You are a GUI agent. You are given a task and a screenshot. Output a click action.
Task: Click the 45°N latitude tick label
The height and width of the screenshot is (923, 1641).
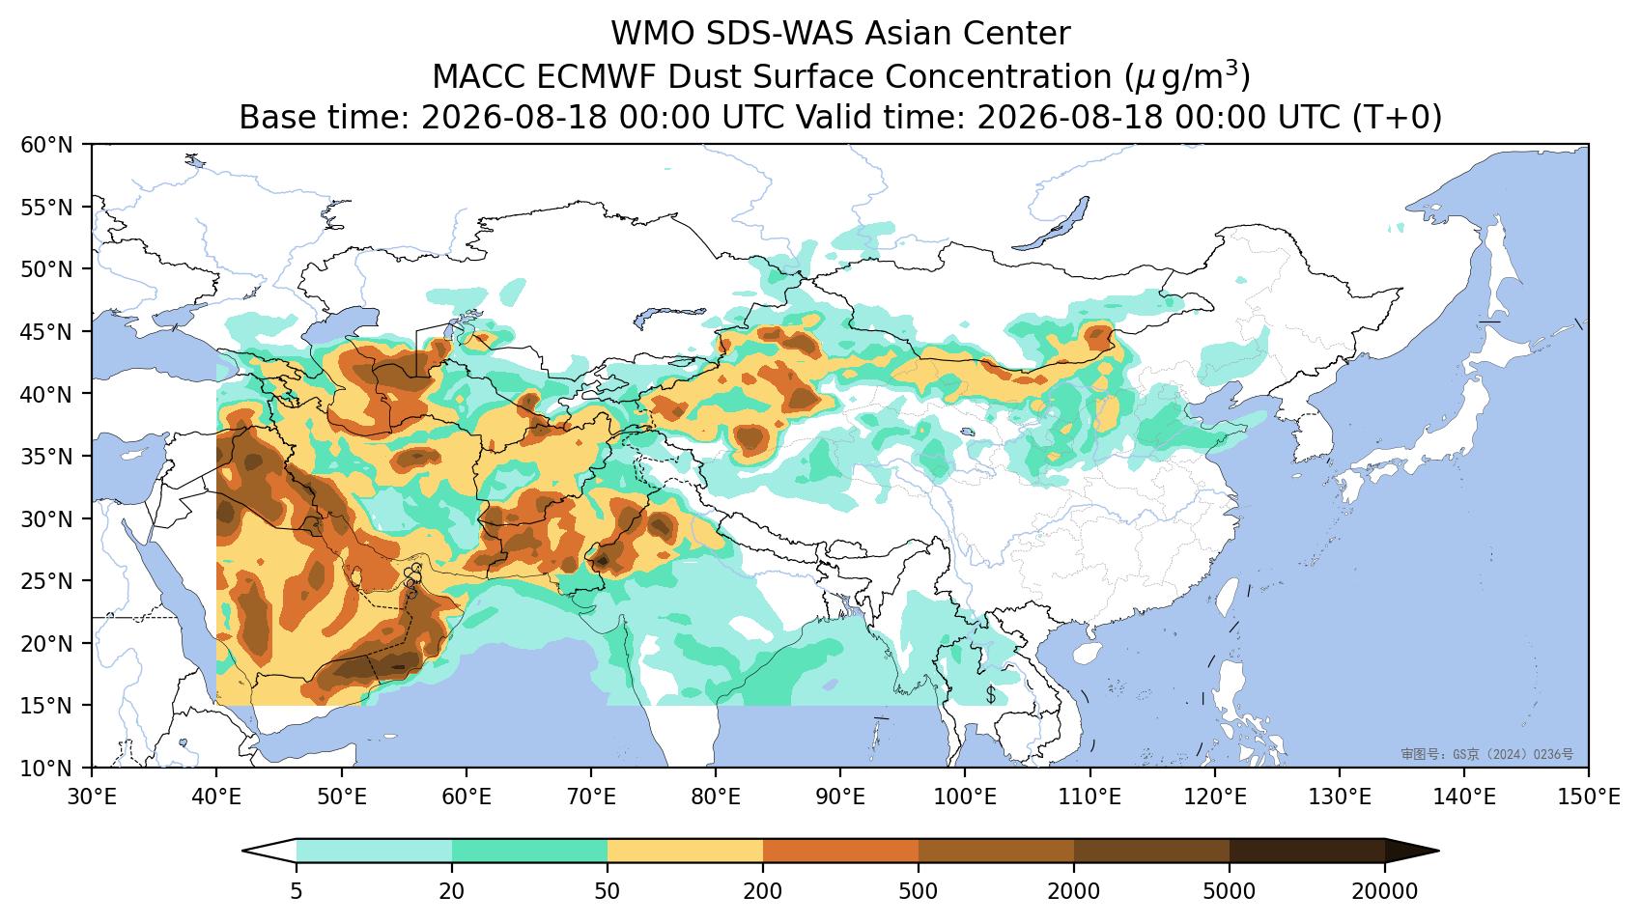[x=47, y=332]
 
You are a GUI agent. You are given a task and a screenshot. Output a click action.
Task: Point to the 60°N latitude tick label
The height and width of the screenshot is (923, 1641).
[x=47, y=145]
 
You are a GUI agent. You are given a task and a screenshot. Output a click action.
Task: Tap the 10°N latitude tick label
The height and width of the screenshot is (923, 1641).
[x=47, y=769]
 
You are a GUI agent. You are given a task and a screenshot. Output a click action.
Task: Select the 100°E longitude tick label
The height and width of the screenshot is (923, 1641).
[x=965, y=797]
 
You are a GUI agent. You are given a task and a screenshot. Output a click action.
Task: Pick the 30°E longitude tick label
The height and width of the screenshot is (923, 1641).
[x=92, y=797]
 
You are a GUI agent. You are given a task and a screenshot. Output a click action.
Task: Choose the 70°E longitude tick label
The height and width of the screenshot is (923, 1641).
[x=590, y=797]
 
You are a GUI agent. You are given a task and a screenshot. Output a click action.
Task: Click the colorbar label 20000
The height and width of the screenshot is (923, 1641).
[x=1385, y=891]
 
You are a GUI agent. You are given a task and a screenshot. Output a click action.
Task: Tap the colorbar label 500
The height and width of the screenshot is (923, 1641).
[x=918, y=891]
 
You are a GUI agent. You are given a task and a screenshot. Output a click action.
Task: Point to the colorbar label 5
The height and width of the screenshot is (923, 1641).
[x=296, y=891]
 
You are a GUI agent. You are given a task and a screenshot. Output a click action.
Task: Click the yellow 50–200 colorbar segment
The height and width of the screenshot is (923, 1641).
[x=685, y=852]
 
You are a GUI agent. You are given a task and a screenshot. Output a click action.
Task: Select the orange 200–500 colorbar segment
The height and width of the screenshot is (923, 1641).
[x=841, y=852]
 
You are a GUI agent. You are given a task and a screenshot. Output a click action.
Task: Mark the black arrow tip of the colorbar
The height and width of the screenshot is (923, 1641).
[x=1438, y=852]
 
